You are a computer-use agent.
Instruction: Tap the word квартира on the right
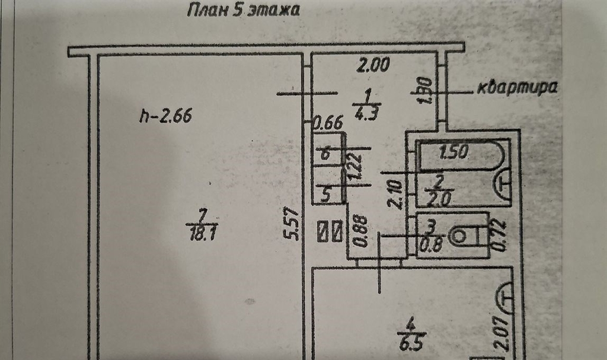[x=517, y=88]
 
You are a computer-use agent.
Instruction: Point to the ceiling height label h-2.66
[x=166, y=116]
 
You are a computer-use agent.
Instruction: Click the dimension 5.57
[x=293, y=224]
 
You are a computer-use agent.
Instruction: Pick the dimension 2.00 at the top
[x=373, y=65]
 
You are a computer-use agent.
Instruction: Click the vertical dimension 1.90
[x=426, y=90]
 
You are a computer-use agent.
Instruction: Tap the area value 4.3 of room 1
[x=366, y=113]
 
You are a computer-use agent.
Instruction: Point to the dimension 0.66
[x=328, y=123]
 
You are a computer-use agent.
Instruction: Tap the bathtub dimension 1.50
[x=454, y=151]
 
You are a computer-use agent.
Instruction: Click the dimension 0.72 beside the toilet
[x=499, y=235]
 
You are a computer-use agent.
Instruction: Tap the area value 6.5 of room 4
[x=412, y=343]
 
